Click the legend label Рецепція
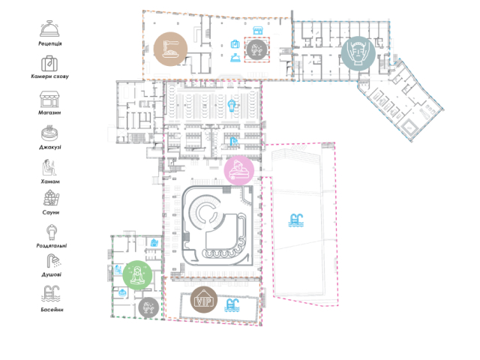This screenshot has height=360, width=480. [50, 43]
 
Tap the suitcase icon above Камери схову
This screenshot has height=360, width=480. [49, 63]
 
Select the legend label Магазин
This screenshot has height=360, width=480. [49, 112]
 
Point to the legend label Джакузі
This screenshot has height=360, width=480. [50, 147]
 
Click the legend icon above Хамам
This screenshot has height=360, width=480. [49, 167]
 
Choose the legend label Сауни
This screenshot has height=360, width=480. [50, 212]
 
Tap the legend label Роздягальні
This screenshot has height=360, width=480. [52, 245]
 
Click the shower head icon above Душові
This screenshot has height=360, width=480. [53, 261]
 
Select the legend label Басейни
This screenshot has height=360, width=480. [52, 310]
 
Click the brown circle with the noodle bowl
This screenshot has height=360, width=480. [170, 49]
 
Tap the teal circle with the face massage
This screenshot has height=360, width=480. [358, 53]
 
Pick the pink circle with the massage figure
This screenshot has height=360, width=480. [239, 170]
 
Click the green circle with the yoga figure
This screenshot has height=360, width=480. [137, 275]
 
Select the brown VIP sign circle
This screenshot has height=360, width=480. [204, 300]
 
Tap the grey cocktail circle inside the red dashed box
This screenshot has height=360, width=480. [256, 49]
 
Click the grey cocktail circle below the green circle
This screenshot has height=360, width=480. [148, 307]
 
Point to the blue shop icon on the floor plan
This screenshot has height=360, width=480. [258, 30]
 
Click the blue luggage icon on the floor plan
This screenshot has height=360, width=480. [235, 44]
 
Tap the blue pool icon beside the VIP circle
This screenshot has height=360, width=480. [232, 305]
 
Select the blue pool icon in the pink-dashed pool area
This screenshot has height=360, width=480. [296, 220]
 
